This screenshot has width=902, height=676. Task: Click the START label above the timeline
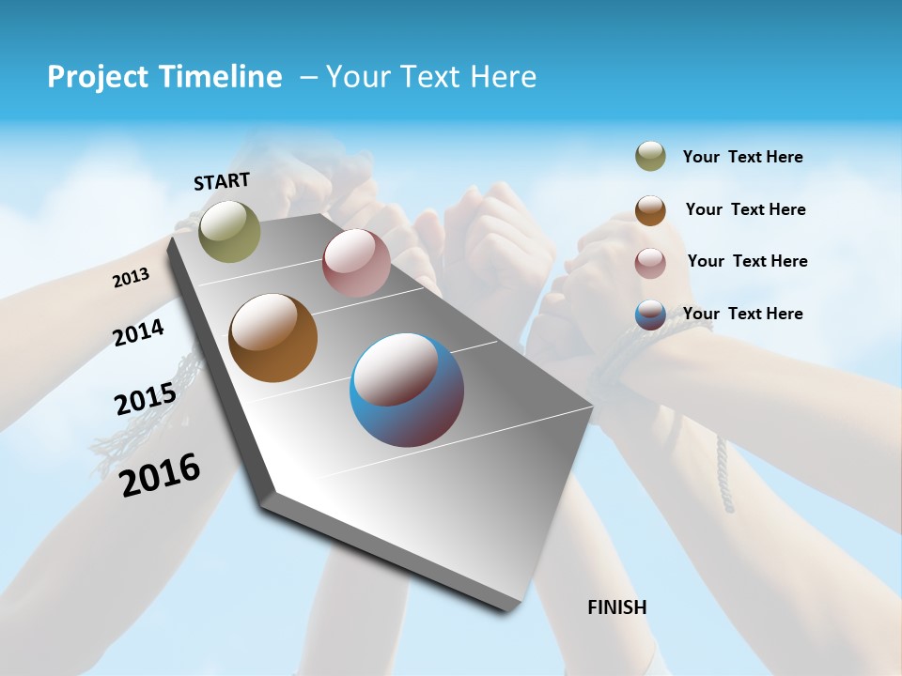coord(222,181)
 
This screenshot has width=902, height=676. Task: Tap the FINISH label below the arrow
coord(616,607)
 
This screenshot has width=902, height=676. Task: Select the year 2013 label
coord(131,278)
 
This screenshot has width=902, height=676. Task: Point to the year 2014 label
coord(138,332)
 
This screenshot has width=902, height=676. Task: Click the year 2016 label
coord(160,474)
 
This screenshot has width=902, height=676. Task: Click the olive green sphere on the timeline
coord(229,232)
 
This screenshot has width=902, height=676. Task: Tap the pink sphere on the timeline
coord(356,263)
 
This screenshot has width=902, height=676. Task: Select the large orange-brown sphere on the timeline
coord(272,338)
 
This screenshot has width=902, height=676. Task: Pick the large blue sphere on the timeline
coord(407,390)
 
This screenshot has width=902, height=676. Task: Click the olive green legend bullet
coord(650,156)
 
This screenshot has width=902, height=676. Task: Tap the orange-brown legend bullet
coord(650,210)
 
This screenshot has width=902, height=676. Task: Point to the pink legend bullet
coord(650,263)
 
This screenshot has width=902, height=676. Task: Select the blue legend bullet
coord(650,315)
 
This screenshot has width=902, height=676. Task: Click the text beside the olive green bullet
coord(742,158)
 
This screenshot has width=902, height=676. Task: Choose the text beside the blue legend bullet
coord(742,314)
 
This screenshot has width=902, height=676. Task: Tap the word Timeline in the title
coord(223,77)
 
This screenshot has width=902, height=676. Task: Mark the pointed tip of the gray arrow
coord(507,608)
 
